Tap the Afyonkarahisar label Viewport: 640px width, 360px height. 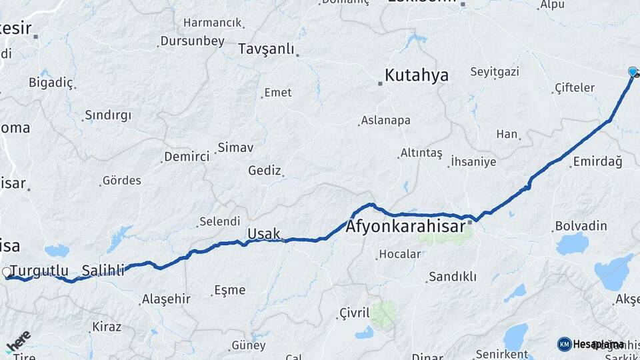pyautogui.click(x=405, y=227)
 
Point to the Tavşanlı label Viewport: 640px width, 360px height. pyautogui.click(x=266, y=49)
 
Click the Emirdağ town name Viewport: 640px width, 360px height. pyautogui.click(x=597, y=162)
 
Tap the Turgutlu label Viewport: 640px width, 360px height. pyautogui.click(x=39, y=271)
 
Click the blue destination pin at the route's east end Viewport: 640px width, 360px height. pyautogui.click(x=633, y=72)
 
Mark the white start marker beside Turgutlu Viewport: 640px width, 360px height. pyautogui.click(x=7, y=272)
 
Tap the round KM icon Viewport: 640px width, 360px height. pyautogui.click(x=565, y=344)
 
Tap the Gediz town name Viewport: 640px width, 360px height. pyautogui.click(x=264, y=171)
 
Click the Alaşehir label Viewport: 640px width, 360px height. pyautogui.click(x=166, y=299)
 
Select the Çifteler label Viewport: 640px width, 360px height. pyautogui.click(x=575, y=88)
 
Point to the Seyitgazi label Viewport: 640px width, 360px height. pyautogui.click(x=494, y=71)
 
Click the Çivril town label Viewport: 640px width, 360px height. pyautogui.click(x=354, y=313)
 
